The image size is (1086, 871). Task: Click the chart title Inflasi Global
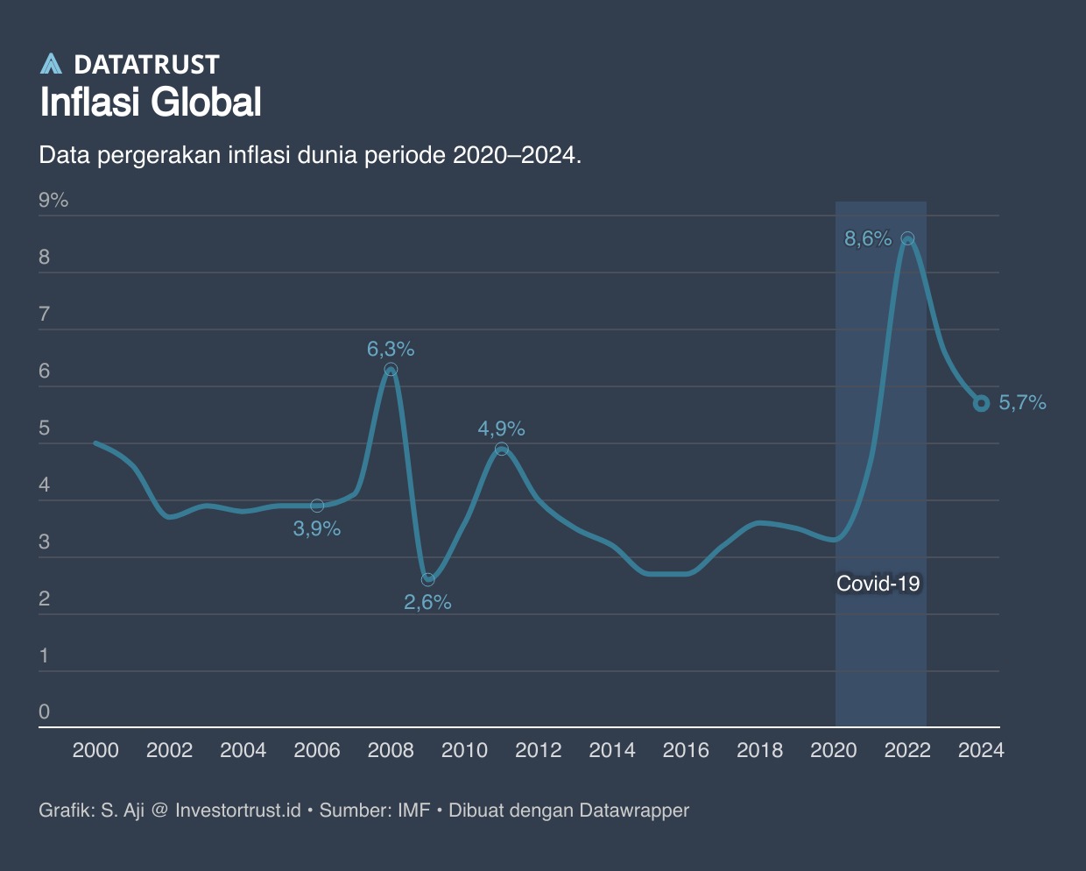(x=151, y=103)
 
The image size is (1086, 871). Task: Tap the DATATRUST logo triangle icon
(x=52, y=63)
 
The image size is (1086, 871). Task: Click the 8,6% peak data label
(x=867, y=238)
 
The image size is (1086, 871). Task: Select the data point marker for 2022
(x=907, y=238)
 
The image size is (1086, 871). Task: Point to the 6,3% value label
(x=391, y=349)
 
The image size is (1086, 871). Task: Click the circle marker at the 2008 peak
(x=391, y=370)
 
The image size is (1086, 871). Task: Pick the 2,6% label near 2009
(x=427, y=602)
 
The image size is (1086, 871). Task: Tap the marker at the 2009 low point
(x=427, y=579)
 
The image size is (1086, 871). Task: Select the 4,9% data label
(x=501, y=428)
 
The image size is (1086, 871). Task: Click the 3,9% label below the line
(x=316, y=528)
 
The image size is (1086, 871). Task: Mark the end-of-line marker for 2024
(x=981, y=403)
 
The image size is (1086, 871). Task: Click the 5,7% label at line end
(x=1022, y=403)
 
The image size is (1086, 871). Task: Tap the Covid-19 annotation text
(x=878, y=584)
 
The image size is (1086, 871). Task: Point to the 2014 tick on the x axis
(x=612, y=750)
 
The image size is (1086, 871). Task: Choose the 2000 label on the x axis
(x=95, y=750)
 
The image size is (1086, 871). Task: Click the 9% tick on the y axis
(x=53, y=201)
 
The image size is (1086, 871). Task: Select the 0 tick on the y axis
(x=45, y=712)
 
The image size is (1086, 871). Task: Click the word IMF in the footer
(x=413, y=811)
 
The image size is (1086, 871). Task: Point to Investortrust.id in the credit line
(x=237, y=811)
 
